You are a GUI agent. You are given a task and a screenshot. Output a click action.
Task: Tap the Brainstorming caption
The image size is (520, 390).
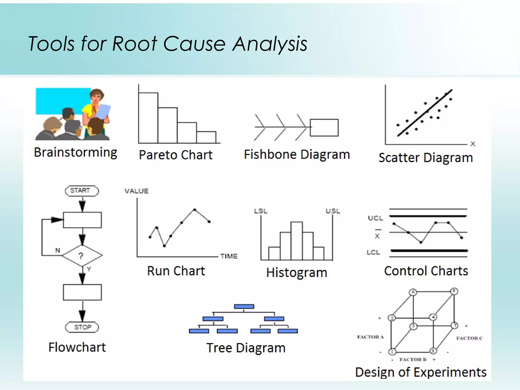tap(75, 152)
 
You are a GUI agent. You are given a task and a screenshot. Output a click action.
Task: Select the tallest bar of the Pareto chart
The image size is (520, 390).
tap(148, 118)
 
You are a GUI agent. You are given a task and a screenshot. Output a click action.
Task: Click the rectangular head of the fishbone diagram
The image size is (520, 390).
tap(324, 127)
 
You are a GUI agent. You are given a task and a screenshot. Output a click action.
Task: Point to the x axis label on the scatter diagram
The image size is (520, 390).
tap(473, 144)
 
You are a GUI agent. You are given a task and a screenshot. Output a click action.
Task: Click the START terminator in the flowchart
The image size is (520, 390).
tap(82, 191)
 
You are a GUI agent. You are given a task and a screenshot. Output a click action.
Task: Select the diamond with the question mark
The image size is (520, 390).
tap(82, 255)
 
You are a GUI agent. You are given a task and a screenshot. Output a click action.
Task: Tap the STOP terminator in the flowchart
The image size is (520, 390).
tap(82, 327)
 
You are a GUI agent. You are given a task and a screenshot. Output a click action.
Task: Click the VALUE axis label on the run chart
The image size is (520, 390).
tap(136, 191)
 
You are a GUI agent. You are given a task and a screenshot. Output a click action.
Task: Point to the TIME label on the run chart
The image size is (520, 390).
tap(229, 256)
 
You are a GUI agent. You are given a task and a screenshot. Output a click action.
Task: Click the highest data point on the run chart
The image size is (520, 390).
tap(194, 209)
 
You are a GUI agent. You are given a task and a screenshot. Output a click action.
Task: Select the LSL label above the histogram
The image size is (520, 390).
tap(261, 211)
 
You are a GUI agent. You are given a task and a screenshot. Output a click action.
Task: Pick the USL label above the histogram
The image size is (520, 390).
tap(333, 211)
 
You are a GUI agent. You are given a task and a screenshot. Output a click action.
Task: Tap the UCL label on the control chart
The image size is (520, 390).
tap(375, 218)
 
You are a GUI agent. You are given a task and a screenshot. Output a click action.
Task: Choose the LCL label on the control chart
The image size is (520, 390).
tap(373, 252)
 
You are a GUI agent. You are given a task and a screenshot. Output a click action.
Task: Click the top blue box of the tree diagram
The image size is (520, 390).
tap(244, 306)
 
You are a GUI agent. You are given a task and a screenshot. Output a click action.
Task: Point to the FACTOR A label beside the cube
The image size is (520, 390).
tap(370, 337)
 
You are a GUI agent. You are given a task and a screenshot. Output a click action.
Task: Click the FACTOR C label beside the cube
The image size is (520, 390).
tap(469, 338)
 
